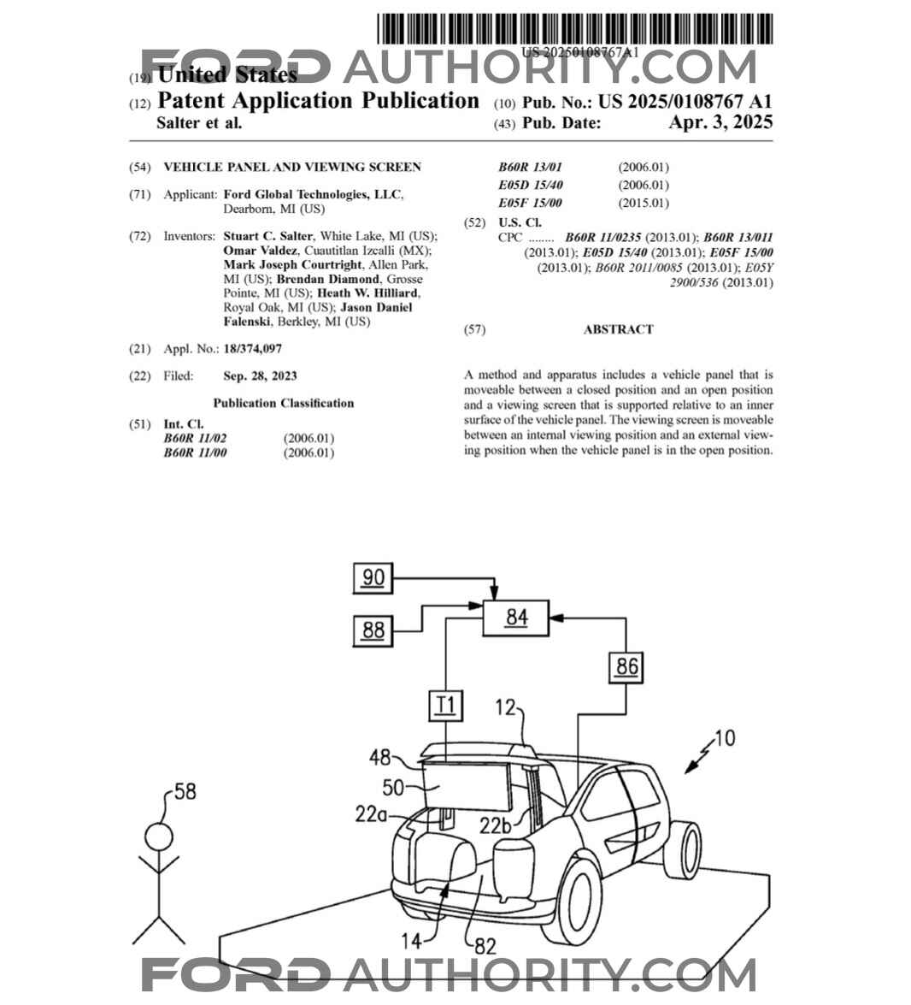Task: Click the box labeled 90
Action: point(373,578)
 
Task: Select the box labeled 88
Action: point(373,631)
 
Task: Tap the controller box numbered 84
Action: point(516,618)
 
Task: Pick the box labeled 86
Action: point(626,666)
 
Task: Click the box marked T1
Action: point(445,706)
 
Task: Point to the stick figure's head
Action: point(158,836)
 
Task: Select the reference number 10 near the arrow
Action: point(724,737)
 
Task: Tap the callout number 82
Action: point(485,947)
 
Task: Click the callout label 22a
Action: point(371,815)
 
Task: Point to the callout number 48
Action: point(380,758)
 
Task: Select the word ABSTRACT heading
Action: point(618,329)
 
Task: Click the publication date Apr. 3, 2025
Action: point(720,122)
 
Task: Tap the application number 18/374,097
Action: point(252,349)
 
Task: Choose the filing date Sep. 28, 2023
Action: point(260,375)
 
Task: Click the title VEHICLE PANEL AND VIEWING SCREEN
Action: point(292,167)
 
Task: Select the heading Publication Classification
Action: point(283,403)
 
